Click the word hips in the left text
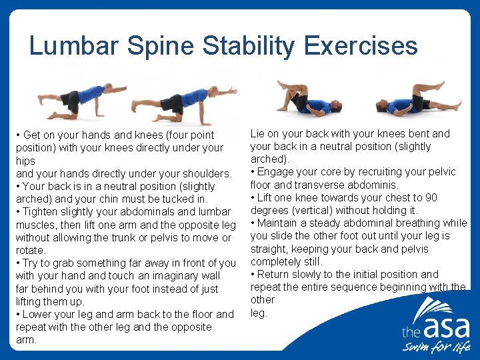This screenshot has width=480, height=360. pyautogui.click(x=25, y=161)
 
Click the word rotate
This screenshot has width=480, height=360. pyautogui.click(x=31, y=250)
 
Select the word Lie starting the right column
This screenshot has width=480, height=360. pyautogui.click(x=258, y=133)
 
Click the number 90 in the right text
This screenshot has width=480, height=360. pyautogui.click(x=431, y=197)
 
